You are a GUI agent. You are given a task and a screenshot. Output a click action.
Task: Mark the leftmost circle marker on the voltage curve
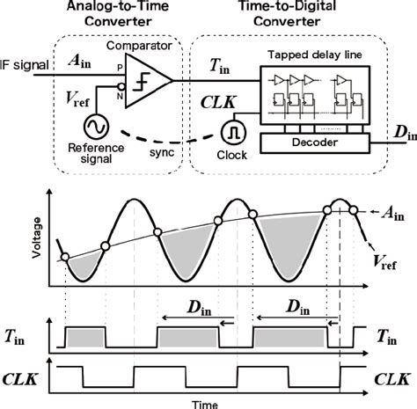pyautogui.click(x=63, y=258)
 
